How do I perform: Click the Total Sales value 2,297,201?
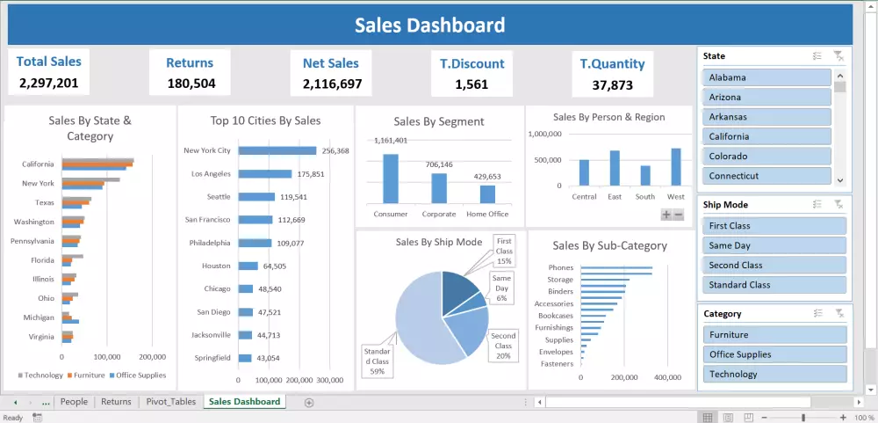coord(49,84)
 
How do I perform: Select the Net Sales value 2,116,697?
coord(332,84)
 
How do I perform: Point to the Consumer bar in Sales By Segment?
coord(391,179)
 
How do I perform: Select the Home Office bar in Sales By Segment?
coord(487,193)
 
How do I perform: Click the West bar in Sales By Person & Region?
coord(676,166)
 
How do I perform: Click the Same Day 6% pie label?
coord(501,288)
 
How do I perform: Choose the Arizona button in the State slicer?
coord(766,98)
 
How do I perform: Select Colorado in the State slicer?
coord(766,157)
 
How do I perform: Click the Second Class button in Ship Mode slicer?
coord(774,266)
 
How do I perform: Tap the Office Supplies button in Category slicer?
coord(774,354)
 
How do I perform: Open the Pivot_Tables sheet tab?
coord(171,402)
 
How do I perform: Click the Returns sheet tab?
coord(116,402)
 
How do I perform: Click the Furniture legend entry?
coord(89,376)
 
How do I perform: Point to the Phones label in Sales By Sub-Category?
coord(560,268)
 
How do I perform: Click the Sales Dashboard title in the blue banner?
coord(429,25)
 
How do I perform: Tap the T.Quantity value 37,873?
coord(612,85)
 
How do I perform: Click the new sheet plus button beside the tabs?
coord(308,402)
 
